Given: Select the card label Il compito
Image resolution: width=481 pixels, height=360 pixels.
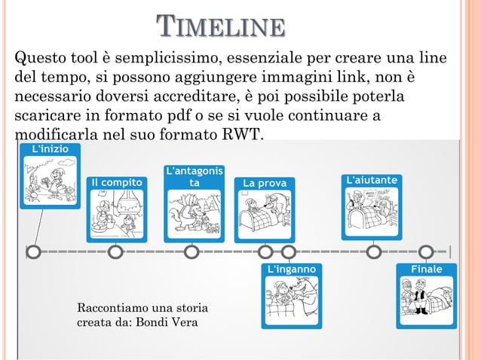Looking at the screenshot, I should tap(118, 182).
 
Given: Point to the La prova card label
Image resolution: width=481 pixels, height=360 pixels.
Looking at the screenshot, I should tap(265, 182).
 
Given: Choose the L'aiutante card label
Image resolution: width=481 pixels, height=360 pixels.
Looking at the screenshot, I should tap(373, 181).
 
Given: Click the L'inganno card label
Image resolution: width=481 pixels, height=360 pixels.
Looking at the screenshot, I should tap(293, 269).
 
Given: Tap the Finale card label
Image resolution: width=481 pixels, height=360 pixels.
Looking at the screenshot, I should tap(426, 269).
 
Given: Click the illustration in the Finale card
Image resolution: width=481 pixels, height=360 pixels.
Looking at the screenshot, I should tap(426, 298).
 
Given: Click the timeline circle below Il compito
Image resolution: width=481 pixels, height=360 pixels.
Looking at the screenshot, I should tap(115, 252).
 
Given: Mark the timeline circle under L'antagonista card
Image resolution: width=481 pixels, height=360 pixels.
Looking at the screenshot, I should tap(192, 252).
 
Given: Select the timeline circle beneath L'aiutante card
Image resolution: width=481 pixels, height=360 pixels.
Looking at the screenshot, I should tap(373, 252).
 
